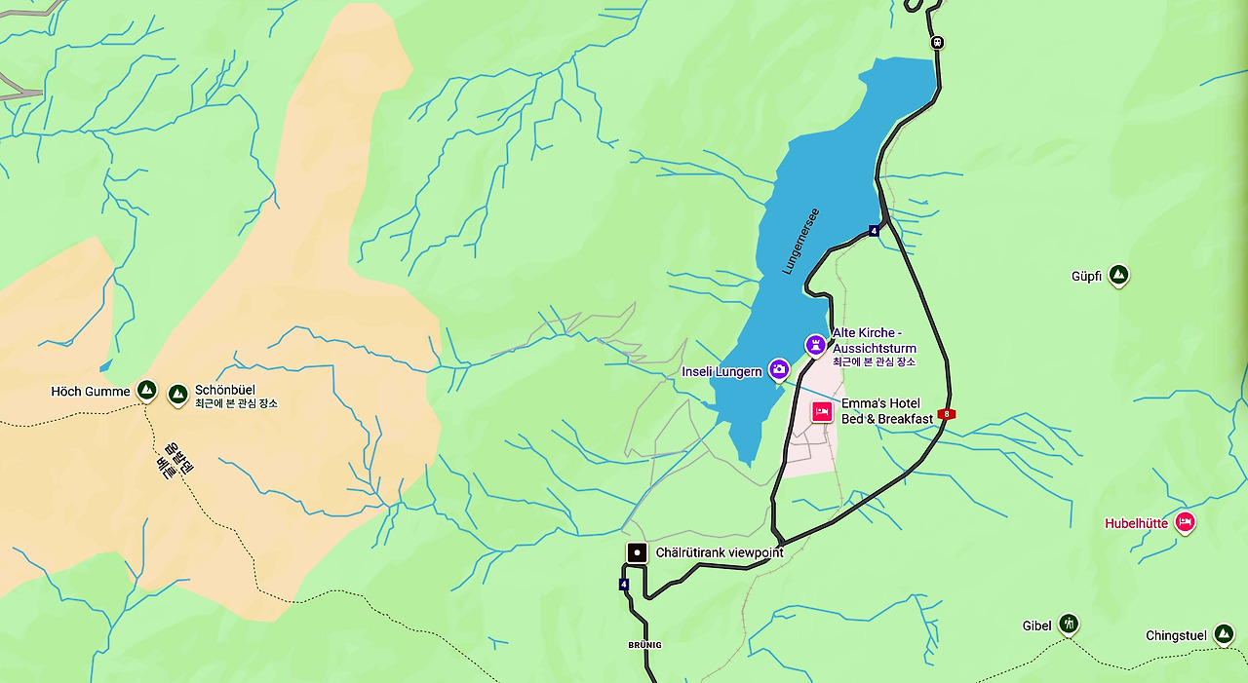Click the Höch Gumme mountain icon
(146, 391)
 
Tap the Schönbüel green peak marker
(177, 394)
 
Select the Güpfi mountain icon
(1118, 276)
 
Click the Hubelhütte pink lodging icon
(1185, 523)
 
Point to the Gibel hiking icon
(1069, 624)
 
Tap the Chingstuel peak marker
(1224, 635)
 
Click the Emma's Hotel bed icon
(822, 412)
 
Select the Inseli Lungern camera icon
(778, 369)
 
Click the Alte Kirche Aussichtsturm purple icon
(815, 345)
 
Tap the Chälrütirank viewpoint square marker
(637, 553)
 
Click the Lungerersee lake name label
(800, 241)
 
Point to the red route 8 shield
(946, 414)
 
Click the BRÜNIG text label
(644, 645)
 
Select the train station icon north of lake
(937, 42)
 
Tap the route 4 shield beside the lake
(874, 231)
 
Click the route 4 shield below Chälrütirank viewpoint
(624, 585)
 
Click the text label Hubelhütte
(1136, 523)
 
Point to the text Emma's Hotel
(880, 403)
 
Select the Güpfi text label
(1086, 277)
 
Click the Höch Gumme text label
(90, 392)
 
